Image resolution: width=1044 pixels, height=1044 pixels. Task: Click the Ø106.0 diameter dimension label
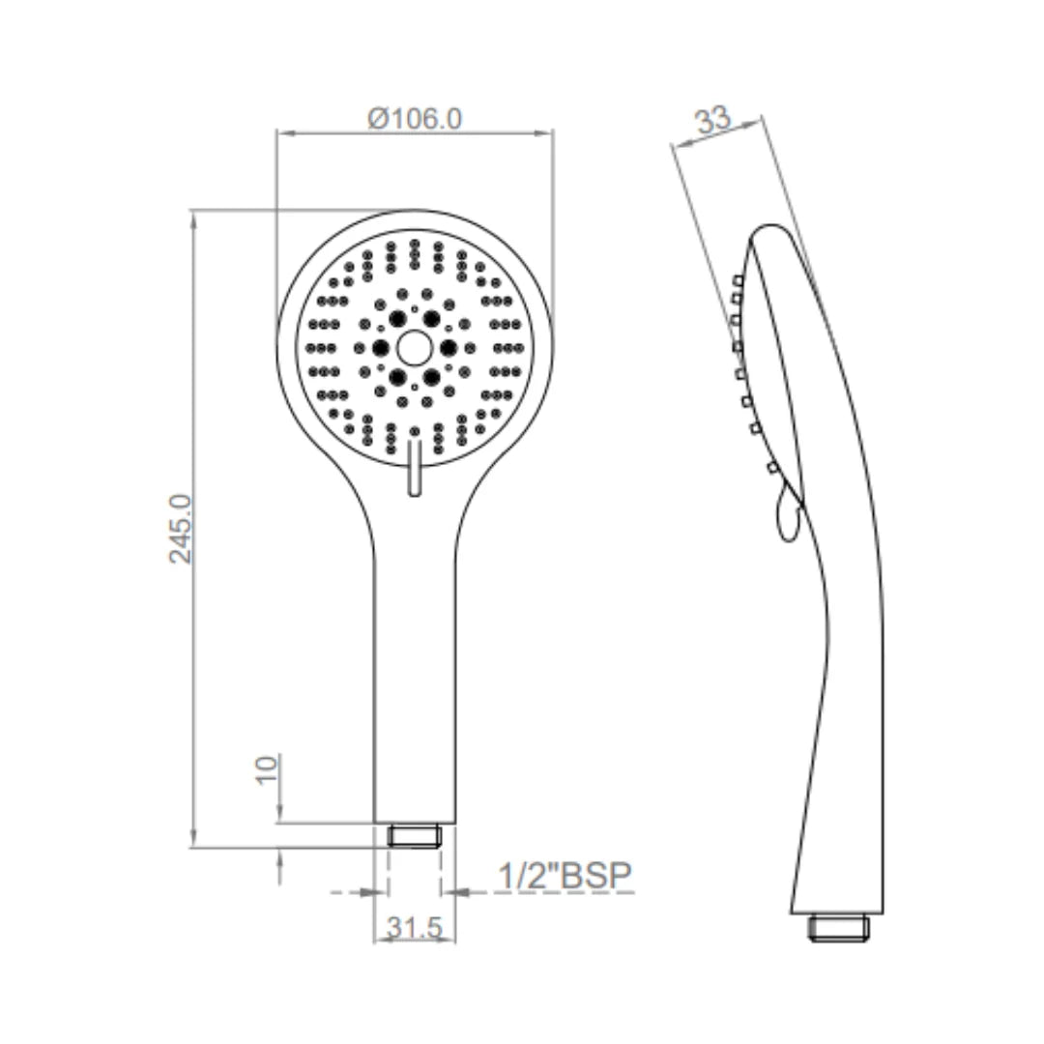click(x=415, y=119)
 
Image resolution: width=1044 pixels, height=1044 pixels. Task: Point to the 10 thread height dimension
click(x=268, y=769)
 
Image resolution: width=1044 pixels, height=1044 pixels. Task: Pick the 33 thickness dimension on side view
click(x=712, y=122)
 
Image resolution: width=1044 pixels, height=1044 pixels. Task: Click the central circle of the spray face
click(x=414, y=348)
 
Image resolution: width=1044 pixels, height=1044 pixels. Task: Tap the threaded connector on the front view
click(x=414, y=835)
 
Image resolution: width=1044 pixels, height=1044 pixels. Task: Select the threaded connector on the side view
click(x=837, y=928)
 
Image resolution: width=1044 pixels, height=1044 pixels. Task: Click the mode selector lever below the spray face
click(x=414, y=468)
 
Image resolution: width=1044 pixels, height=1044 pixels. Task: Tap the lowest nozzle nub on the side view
click(x=770, y=469)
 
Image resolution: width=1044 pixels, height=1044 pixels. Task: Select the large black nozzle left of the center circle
click(x=380, y=348)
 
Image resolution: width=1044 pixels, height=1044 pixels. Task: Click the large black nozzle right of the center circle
click(x=448, y=348)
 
